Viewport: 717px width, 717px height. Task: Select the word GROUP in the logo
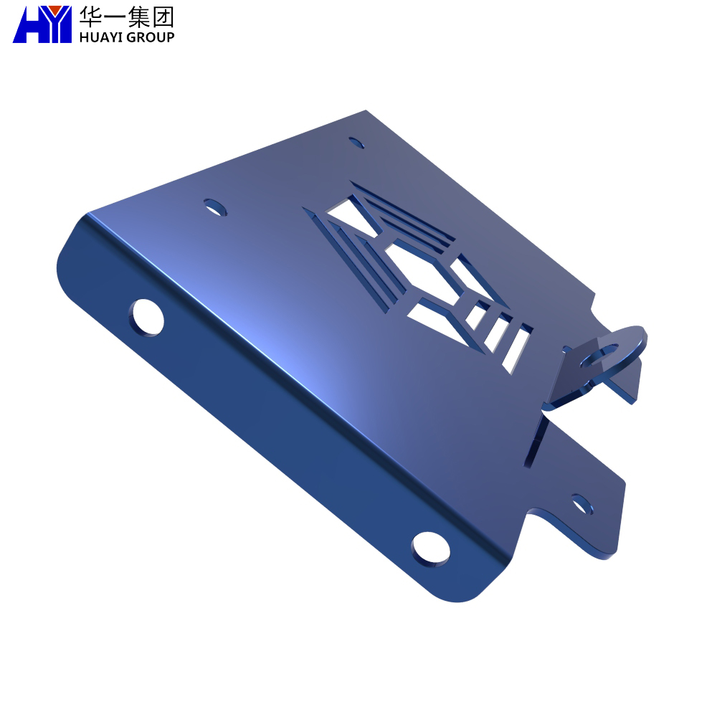click(x=151, y=37)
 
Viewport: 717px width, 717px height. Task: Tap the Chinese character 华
click(x=90, y=16)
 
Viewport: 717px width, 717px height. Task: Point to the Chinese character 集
click(x=139, y=16)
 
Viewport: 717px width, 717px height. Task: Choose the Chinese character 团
click(x=163, y=16)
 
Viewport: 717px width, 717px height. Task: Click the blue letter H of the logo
click(x=29, y=24)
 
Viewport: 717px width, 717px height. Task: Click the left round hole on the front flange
click(x=146, y=318)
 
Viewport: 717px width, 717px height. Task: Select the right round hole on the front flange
click(x=430, y=549)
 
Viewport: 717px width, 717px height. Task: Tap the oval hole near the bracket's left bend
click(x=215, y=207)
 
